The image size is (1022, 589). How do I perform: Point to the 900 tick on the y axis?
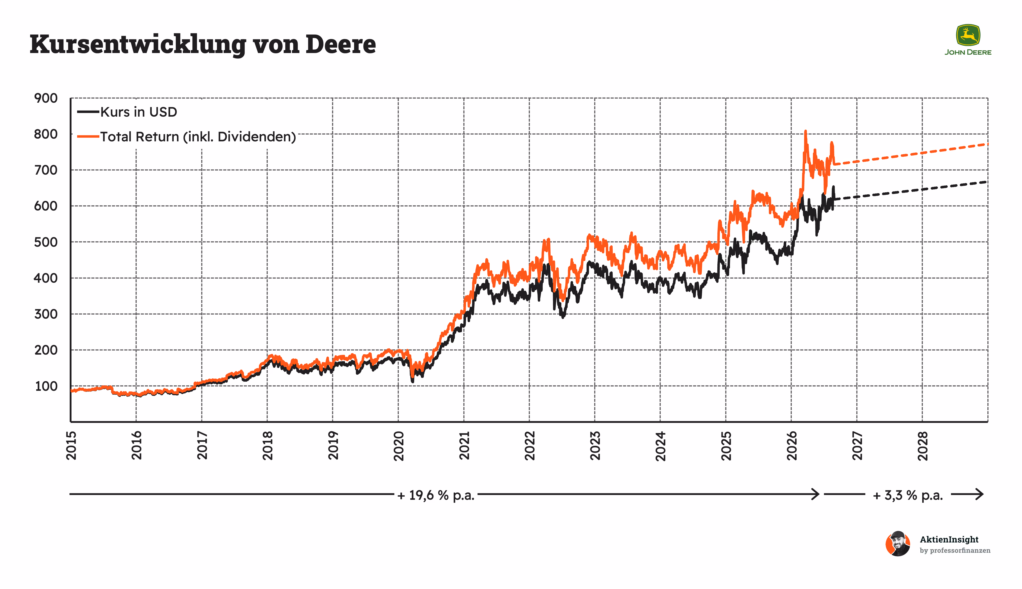[46, 98]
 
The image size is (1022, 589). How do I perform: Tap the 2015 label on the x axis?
[71, 445]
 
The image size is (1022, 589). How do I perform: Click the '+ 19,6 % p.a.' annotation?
[436, 495]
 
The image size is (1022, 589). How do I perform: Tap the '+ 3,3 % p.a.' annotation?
[908, 495]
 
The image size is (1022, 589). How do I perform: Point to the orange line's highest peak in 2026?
[805, 131]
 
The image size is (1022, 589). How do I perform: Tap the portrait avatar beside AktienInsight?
[898, 544]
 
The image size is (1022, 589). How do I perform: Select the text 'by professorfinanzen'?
[955, 551]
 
